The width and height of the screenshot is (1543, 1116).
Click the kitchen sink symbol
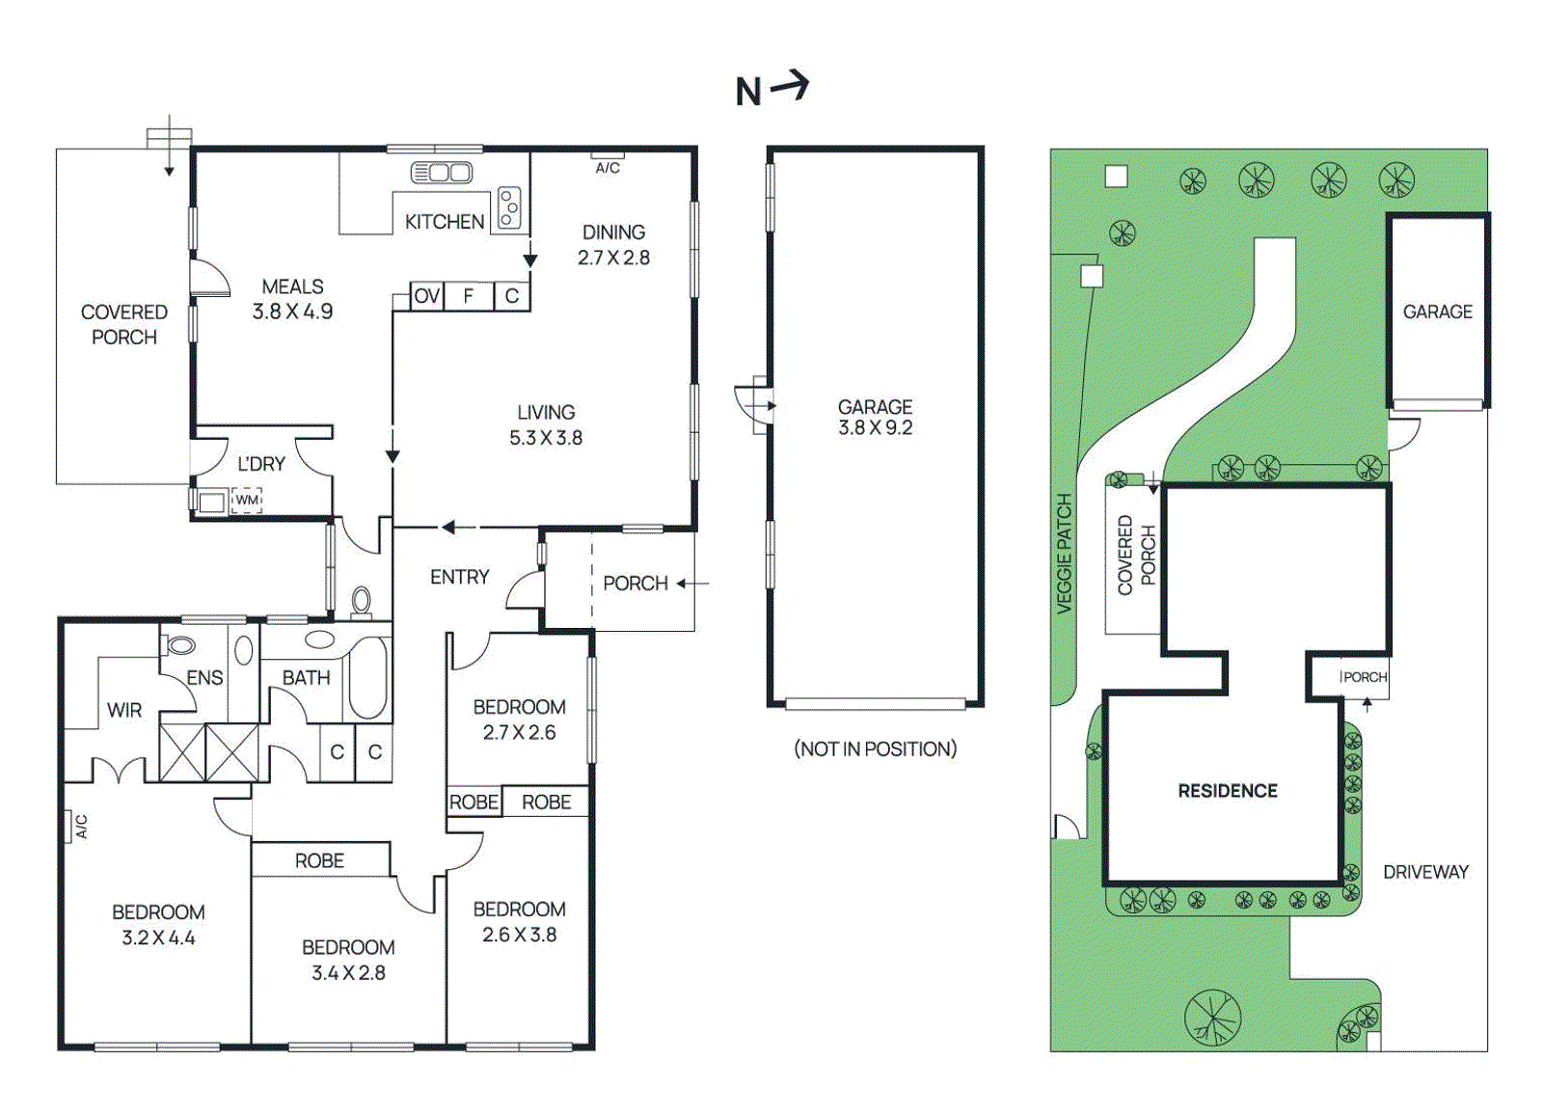click(x=442, y=173)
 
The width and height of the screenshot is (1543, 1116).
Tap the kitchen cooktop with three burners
click(x=510, y=206)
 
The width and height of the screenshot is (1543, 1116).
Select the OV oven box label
click(x=427, y=296)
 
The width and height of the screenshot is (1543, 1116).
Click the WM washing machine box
click(x=247, y=500)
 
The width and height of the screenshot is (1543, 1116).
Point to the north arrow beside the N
click(x=790, y=86)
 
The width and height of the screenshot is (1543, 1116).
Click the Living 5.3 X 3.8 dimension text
click(x=546, y=438)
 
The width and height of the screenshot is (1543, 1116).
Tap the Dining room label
click(x=613, y=232)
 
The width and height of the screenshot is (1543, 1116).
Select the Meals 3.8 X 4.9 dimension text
click(x=293, y=312)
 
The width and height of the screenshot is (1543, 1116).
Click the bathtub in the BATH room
click(x=367, y=677)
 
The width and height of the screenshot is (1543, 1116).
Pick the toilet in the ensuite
click(x=178, y=644)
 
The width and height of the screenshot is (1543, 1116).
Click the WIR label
click(x=124, y=710)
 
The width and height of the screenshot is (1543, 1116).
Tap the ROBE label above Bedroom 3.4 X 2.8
click(x=319, y=860)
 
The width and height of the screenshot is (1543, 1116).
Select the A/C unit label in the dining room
click(x=608, y=168)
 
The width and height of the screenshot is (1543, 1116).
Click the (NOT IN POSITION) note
click(x=876, y=749)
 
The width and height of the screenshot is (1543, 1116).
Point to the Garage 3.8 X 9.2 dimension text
click(x=876, y=428)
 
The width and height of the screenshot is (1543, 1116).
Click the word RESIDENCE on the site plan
click(x=1228, y=790)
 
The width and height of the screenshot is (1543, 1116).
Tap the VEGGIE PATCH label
click(x=1065, y=555)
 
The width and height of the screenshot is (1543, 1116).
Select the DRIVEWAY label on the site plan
click(x=1426, y=871)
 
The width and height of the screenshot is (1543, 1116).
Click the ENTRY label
click(x=459, y=577)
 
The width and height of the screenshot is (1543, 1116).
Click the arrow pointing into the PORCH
click(x=692, y=584)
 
